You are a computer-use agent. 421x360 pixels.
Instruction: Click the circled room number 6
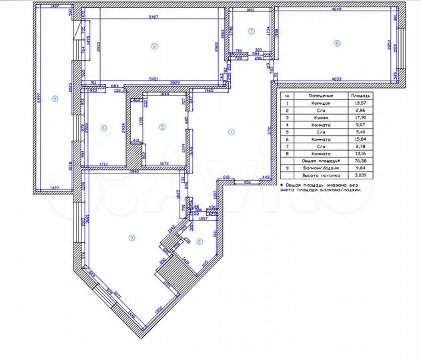point(154,46)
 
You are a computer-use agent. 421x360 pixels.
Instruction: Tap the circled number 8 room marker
point(337,44)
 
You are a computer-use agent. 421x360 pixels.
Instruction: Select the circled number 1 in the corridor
point(231,131)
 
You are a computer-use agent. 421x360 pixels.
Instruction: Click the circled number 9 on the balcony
point(55,99)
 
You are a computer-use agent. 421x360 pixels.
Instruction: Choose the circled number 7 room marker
point(252,31)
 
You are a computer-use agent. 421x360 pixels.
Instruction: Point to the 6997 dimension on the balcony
point(39,100)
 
